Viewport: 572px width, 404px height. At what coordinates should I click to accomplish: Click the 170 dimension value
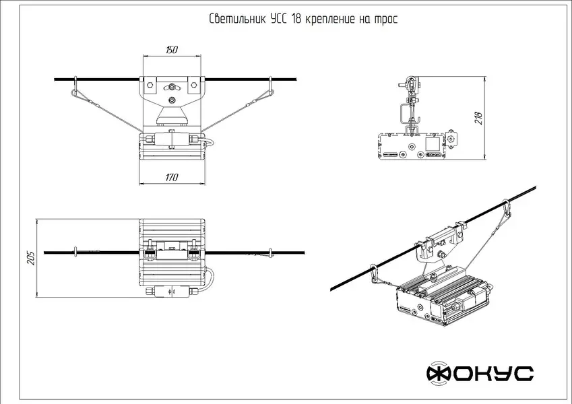tap(171, 177)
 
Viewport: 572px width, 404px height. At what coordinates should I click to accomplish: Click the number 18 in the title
tap(296, 19)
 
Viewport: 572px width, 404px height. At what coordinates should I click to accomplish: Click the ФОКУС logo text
tap(480, 373)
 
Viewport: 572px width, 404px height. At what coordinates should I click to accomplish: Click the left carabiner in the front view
tap(75, 88)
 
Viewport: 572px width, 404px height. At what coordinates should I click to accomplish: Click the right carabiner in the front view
tap(270, 88)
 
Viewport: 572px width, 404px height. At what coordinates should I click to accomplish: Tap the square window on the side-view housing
tap(431, 143)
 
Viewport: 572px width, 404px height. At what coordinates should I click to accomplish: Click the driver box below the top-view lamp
tap(172, 292)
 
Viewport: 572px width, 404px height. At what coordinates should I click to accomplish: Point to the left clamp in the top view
tap(148, 253)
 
